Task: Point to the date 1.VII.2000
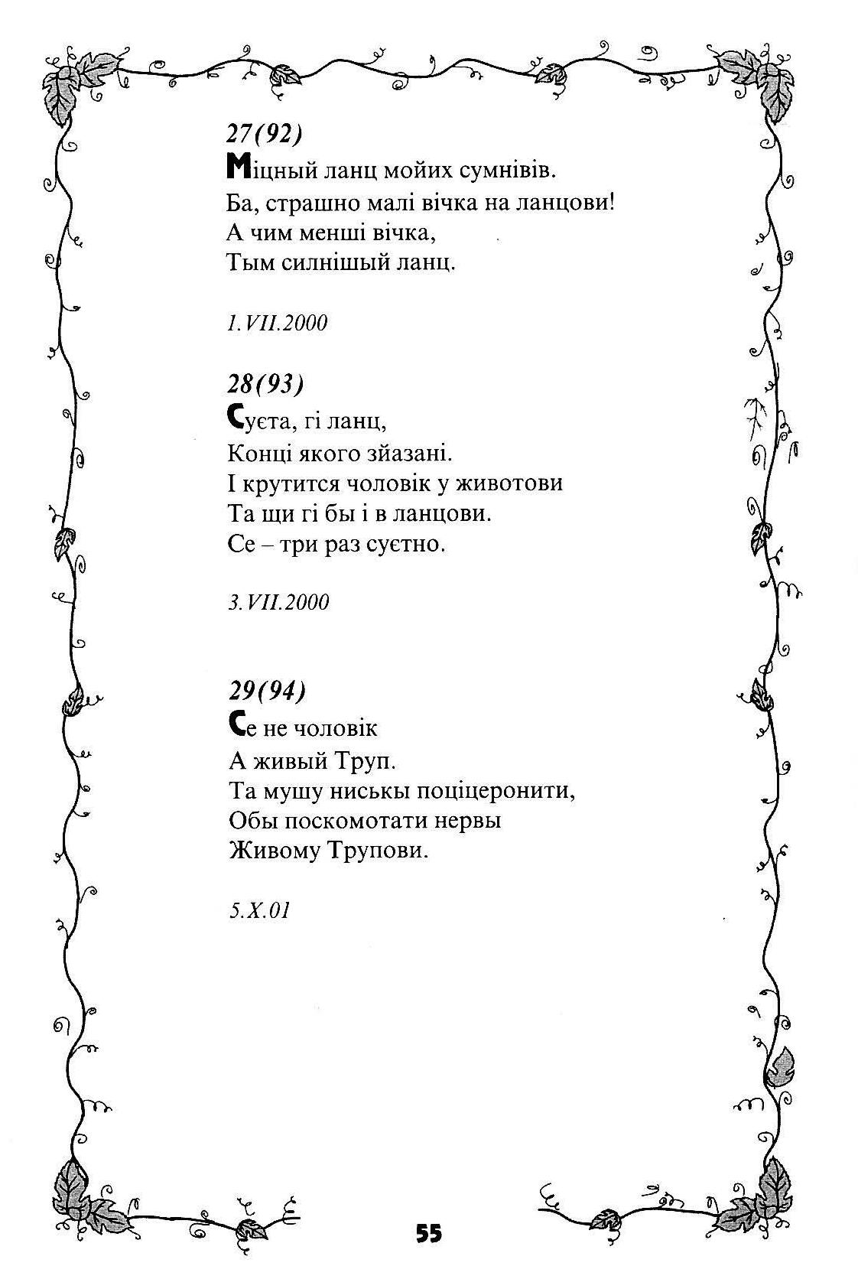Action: pos(277,323)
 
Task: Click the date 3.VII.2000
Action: pos(278,603)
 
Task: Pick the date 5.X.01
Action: pos(259,911)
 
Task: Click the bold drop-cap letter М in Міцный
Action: pos(236,167)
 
